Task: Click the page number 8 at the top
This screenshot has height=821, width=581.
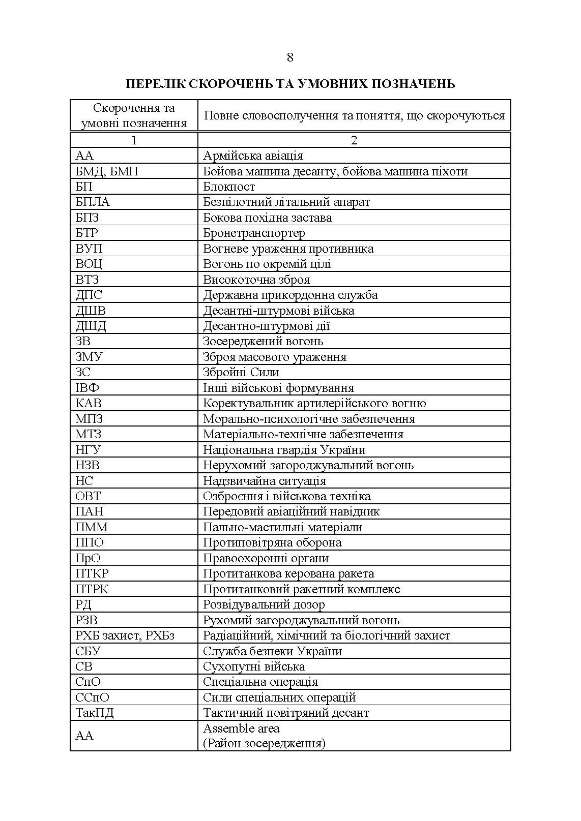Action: pyautogui.click(x=290, y=57)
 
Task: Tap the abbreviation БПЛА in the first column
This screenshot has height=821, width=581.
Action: pyautogui.click(x=93, y=202)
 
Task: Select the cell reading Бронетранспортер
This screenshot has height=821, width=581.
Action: pyautogui.click(x=254, y=233)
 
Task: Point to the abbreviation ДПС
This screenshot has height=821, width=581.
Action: pyautogui.click(x=89, y=295)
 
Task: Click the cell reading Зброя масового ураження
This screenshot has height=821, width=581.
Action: pyautogui.click(x=275, y=357)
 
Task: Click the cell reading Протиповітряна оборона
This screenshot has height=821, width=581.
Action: pyautogui.click(x=272, y=543)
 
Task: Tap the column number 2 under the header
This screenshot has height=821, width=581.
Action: pyautogui.click(x=354, y=140)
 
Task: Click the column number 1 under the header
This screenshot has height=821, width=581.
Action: pyautogui.click(x=134, y=140)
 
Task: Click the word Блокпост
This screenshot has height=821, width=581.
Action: pyautogui.click(x=229, y=187)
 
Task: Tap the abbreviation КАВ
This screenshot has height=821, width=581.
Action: pyautogui.click(x=89, y=404)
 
